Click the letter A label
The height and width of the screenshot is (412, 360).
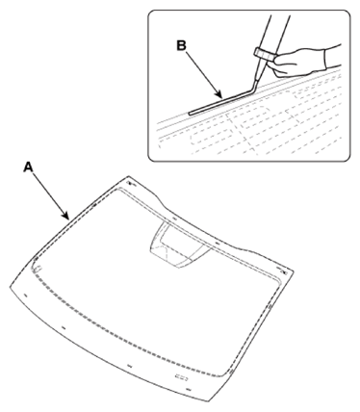pos(27,165)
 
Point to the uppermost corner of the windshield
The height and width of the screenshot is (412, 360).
pos(127,178)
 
